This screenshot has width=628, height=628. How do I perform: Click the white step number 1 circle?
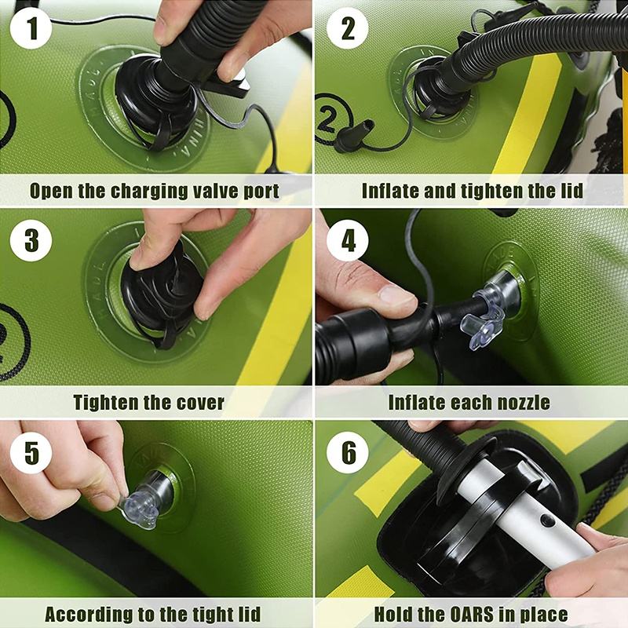coord(31,28)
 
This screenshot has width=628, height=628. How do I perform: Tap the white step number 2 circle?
coord(348,28)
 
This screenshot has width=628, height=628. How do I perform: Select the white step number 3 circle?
coord(31,241)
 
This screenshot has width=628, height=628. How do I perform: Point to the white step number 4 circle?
coord(348,241)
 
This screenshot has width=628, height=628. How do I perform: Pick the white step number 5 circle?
coord(31,453)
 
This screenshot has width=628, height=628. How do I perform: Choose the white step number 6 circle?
coord(348,453)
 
